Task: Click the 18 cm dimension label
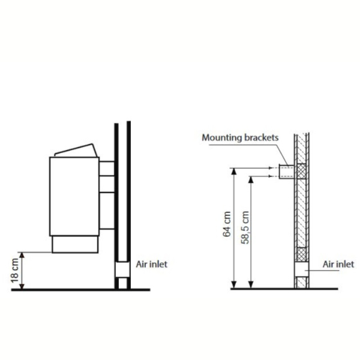pyautogui.click(x=14, y=271)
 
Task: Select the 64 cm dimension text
pyautogui.click(x=227, y=224)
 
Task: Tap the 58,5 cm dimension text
pyautogui.click(x=245, y=227)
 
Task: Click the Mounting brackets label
pyautogui.click(x=240, y=137)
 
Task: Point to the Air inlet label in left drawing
pyautogui.click(x=152, y=264)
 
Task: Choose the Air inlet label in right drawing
pyautogui.click(x=338, y=264)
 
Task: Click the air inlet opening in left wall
pyautogui.click(x=122, y=269)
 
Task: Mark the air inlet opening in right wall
pyautogui.click(x=301, y=269)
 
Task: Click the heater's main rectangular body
pyautogui.click(x=74, y=196)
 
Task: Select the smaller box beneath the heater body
pyautogui.click(x=75, y=245)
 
